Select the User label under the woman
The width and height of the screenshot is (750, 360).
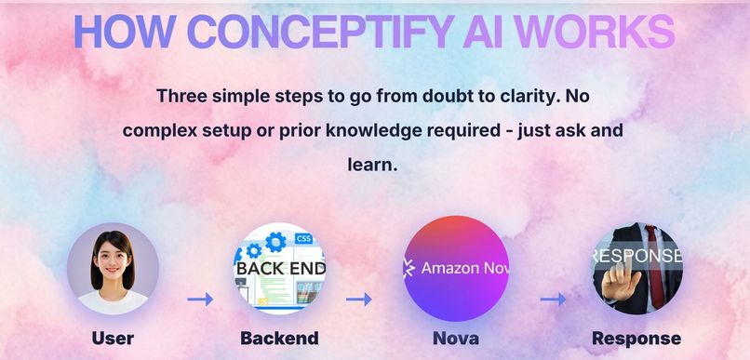(x=113, y=339)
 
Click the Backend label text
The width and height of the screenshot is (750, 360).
(x=279, y=339)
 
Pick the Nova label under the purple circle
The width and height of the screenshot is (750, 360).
(x=456, y=339)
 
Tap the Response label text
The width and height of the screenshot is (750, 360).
(x=636, y=339)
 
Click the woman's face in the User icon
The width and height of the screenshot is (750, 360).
(x=113, y=255)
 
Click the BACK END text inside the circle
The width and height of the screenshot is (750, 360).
(x=279, y=270)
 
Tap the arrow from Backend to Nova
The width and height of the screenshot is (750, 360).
(x=359, y=300)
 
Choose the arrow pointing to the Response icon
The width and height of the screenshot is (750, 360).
(x=553, y=300)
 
